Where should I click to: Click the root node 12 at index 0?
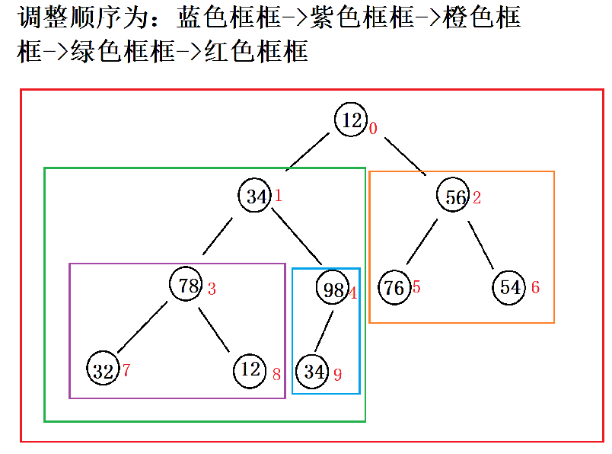[350, 120]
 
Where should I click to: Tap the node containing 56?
[454, 197]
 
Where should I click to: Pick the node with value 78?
[187, 285]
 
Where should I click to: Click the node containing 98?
[333, 289]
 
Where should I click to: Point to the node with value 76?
[394, 287]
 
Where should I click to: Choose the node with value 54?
[509, 287]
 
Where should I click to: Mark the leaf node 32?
[103, 370]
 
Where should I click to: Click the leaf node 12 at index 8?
[250, 370]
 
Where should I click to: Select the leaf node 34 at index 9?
[314, 372]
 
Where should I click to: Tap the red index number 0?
[373, 129]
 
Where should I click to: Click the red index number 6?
[535, 288]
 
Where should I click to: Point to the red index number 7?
[126, 371]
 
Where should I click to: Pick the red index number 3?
[212, 289]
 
